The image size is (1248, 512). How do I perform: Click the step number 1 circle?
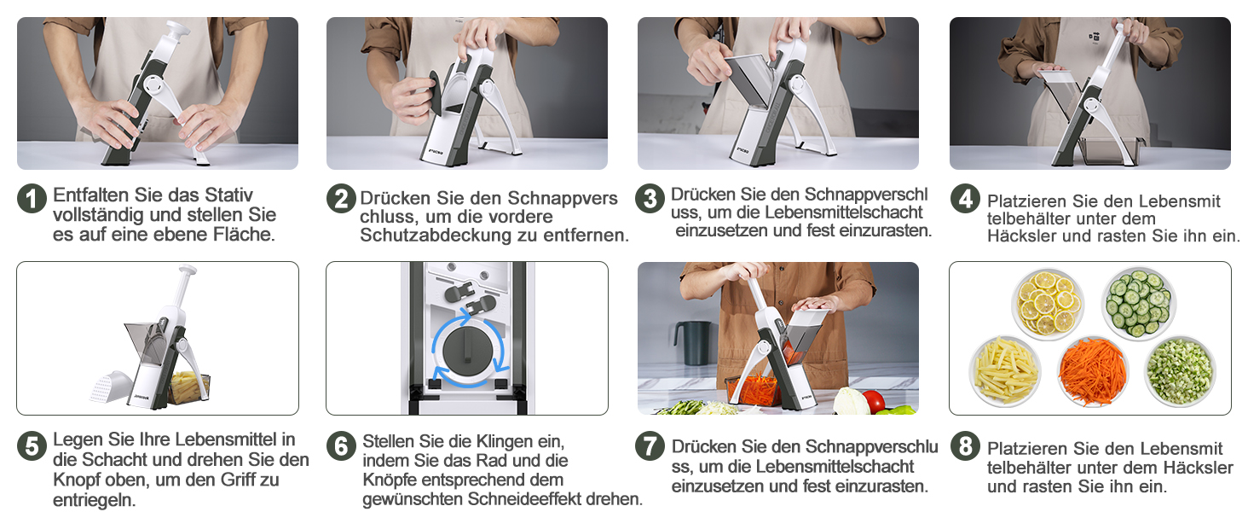pyautogui.click(x=32, y=199)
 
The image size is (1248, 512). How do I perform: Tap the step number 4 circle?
pyautogui.click(x=966, y=199)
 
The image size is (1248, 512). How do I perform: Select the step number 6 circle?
pyautogui.click(x=341, y=446)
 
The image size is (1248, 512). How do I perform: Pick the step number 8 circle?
pyautogui.click(x=966, y=446)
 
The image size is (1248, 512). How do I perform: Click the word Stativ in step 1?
pyautogui.click(x=228, y=195)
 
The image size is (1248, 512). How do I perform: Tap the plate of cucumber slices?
pyautogui.click(x=1138, y=304)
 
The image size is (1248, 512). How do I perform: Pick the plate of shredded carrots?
pyautogui.click(x=1093, y=371)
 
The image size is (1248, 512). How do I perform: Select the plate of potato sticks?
pyautogui.click(x=1006, y=370)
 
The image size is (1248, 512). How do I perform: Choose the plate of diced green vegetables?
pyautogui.click(x=1180, y=371)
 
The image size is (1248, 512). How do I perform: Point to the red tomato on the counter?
pyautogui.click(x=873, y=401)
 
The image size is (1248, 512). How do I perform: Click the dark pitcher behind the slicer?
pyautogui.click(x=692, y=343)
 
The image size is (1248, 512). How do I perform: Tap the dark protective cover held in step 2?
pyautogui.click(x=436, y=93)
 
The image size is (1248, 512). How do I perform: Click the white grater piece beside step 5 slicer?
pyautogui.click(x=110, y=387)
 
